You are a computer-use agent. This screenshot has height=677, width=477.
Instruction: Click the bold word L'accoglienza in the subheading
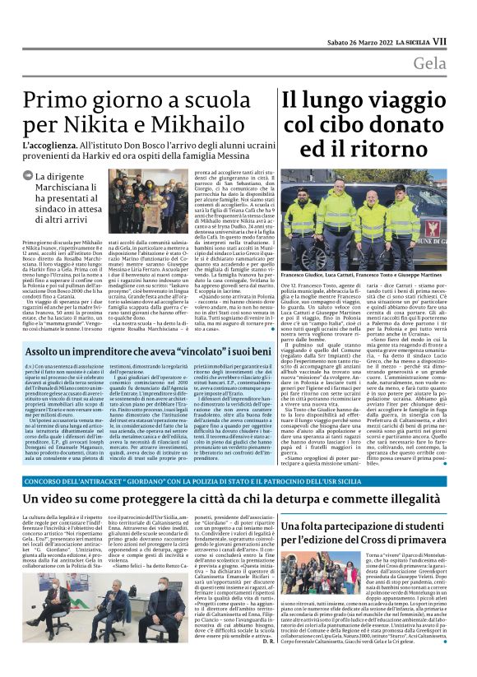tap(55, 150)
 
